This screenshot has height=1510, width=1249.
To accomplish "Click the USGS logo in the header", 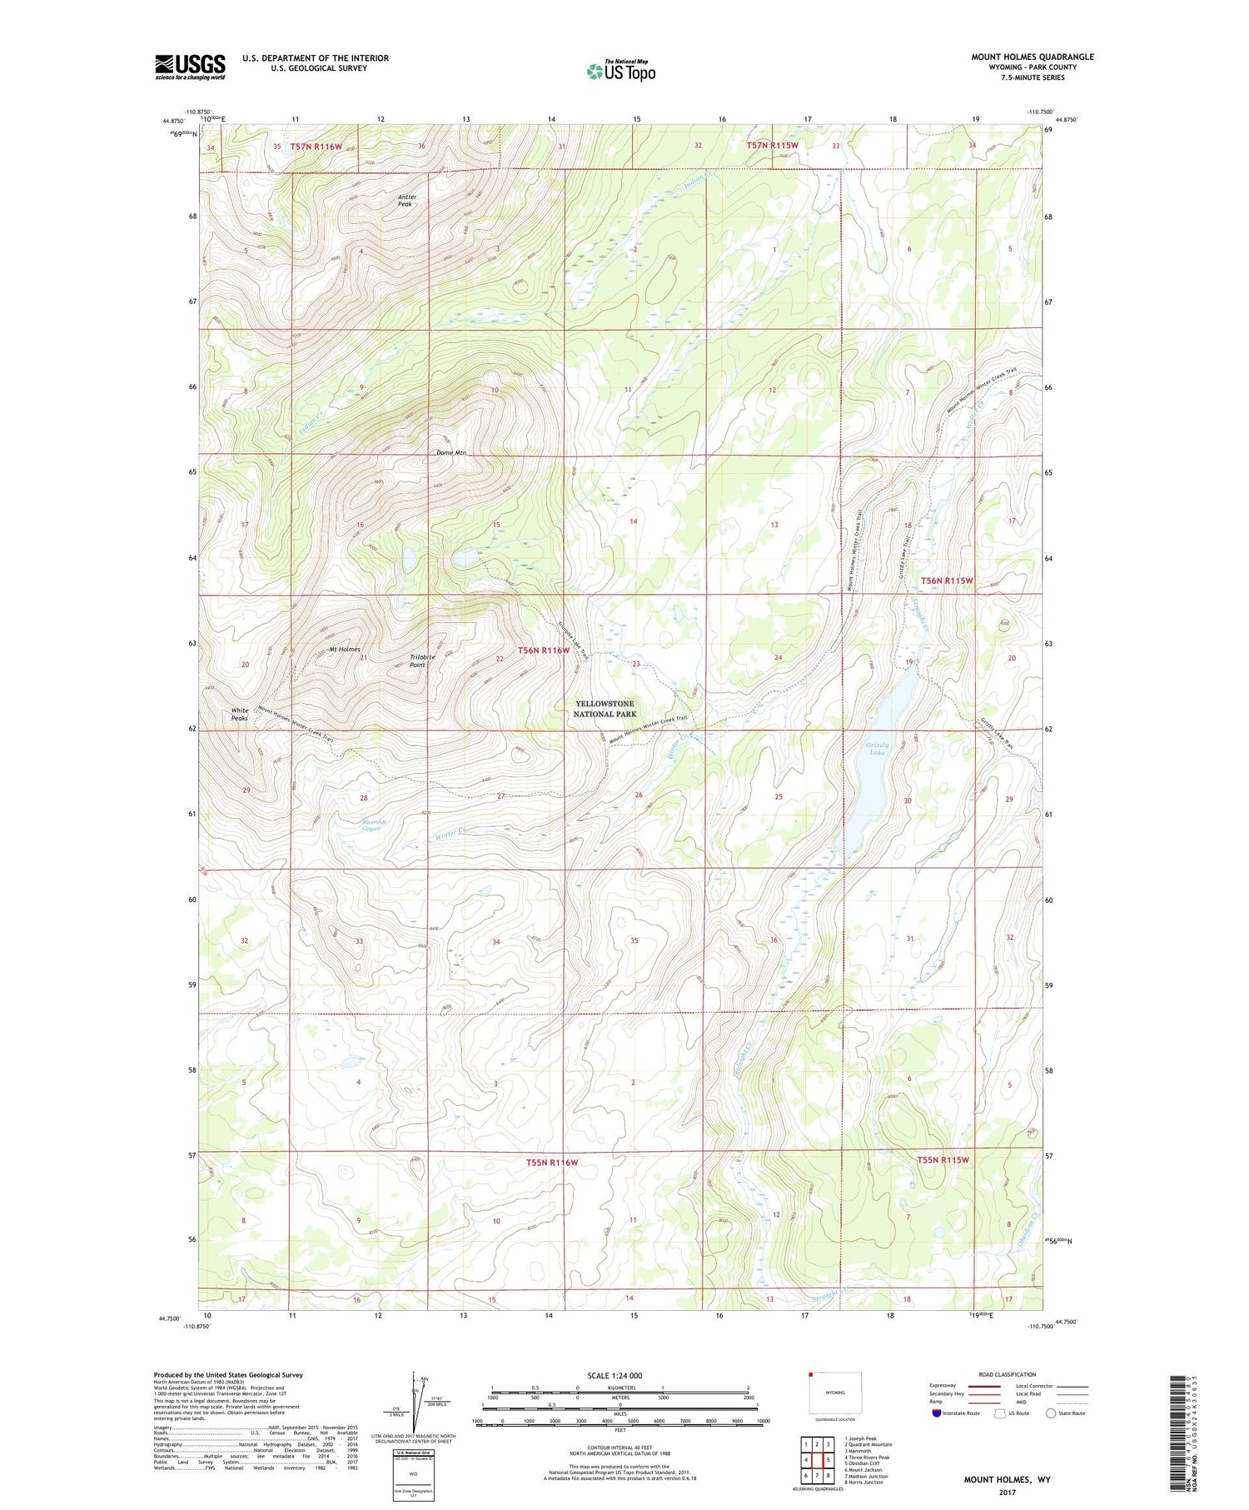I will tap(190, 67).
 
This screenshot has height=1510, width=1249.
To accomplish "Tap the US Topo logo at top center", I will tap(620, 71).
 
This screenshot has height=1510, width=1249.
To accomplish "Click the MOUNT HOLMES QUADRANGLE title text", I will tap(1032, 57).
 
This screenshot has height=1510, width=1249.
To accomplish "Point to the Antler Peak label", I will tap(406, 200).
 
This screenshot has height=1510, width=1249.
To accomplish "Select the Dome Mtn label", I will tap(451, 453).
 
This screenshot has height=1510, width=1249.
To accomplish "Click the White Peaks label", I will tap(240, 714).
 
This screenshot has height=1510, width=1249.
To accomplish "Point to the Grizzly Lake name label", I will tap(877, 748).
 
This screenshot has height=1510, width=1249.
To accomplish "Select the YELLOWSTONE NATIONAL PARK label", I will tap(605, 709).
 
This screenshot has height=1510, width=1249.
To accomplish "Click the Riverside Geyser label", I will tap(371, 825).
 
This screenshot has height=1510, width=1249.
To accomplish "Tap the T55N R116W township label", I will tap(551, 1162).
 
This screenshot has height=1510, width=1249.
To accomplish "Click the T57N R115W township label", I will tap(772, 146).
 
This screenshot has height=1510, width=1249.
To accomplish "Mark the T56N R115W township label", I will tap(946, 580).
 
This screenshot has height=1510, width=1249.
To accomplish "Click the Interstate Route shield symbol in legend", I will tap(937, 1413).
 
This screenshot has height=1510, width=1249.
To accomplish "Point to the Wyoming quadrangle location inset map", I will tap(834, 1393).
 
